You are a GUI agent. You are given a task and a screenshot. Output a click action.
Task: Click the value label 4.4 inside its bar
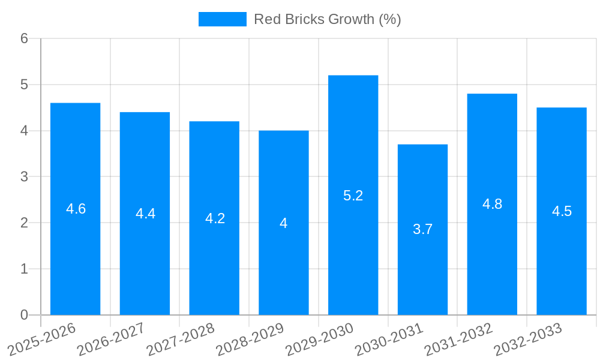point(145,214)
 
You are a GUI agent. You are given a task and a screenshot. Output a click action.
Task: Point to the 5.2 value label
point(353,196)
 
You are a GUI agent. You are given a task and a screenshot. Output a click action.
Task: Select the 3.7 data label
point(422,229)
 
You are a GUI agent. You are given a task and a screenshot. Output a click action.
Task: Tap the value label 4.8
point(492,204)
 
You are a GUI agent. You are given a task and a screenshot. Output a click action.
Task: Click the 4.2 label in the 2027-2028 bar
point(215,218)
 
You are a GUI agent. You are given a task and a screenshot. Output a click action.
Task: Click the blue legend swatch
point(222,19)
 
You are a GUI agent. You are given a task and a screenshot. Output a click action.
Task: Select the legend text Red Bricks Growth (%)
point(327,19)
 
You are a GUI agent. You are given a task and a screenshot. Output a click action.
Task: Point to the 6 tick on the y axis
point(24,38)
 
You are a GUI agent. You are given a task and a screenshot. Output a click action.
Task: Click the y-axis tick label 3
point(24,177)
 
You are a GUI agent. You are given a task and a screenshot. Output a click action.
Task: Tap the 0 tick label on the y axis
point(24,315)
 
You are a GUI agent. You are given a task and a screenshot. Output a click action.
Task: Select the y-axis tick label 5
point(24,85)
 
